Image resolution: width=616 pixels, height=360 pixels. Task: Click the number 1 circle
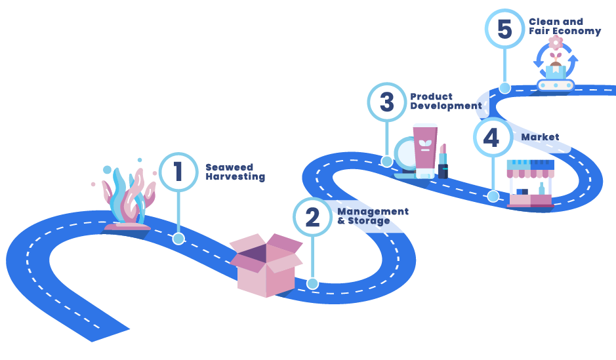(178, 172)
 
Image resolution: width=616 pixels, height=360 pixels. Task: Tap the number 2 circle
(312, 217)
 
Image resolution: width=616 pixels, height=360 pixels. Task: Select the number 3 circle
(387, 102)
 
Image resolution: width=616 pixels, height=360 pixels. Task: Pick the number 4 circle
(493, 138)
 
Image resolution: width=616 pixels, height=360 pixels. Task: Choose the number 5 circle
(505, 29)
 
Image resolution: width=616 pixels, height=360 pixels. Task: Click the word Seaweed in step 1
(229, 167)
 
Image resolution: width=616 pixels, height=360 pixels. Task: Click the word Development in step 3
(446, 106)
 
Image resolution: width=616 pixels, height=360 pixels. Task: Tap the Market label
(540, 137)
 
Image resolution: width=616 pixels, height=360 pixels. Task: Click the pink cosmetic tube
(425, 151)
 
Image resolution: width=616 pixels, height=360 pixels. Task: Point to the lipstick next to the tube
(443, 161)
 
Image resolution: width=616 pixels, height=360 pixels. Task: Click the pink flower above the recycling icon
(556, 43)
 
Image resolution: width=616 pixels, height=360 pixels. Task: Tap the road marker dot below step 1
(178, 239)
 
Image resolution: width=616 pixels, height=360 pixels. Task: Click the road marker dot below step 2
(313, 283)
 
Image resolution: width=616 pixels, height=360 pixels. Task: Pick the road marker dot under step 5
(504, 88)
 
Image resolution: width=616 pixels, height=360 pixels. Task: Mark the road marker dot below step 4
(493, 196)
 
